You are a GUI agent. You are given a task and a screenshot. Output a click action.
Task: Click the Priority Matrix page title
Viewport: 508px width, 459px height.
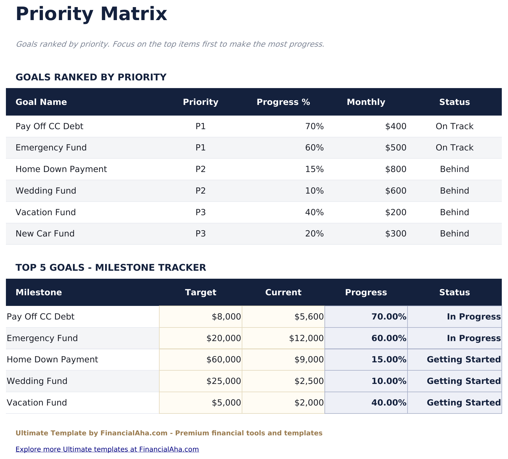pyautogui.click(x=91, y=14)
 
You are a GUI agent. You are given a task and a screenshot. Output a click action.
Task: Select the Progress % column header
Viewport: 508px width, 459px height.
pyautogui.click(x=283, y=102)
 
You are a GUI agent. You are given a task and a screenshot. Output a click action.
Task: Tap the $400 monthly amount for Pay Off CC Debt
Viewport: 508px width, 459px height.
pyautogui.click(x=396, y=126)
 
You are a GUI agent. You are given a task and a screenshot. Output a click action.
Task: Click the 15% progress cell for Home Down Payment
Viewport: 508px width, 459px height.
pyautogui.click(x=314, y=169)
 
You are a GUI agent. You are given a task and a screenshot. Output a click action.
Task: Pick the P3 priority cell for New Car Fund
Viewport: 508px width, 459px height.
pyautogui.click(x=200, y=234)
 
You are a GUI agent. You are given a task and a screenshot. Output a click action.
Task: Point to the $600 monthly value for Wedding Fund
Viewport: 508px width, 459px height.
pyautogui.click(x=396, y=191)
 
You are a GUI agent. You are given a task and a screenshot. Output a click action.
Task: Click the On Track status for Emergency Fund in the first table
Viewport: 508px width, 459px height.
pyautogui.click(x=454, y=148)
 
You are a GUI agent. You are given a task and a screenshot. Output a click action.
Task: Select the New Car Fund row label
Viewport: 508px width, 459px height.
pyautogui.click(x=45, y=234)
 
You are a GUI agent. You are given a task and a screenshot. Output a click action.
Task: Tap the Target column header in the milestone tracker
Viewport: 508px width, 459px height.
pyautogui.click(x=200, y=293)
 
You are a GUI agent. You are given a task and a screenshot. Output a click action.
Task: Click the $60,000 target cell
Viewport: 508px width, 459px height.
pyautogui.click(x=224, y=360)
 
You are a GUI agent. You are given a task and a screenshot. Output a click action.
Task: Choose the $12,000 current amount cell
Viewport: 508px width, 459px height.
pyautogui.click(x=306, y=338)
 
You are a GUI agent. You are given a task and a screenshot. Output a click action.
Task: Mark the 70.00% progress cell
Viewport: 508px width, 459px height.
pyautogui.click(x=389, y=317)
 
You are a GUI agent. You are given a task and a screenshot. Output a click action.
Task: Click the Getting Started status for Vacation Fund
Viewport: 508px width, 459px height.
pyautogui.click(x=464, y=403)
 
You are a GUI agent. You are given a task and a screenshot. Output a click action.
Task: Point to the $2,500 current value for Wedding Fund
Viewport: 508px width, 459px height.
pyautogui.click(x=309, y=381)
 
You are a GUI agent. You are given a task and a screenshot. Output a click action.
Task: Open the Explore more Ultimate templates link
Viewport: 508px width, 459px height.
pyautogui.click(x=107, y=450)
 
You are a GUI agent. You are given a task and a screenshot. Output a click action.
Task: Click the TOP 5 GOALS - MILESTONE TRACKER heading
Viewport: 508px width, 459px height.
pyautogui.click(x=111, y=268)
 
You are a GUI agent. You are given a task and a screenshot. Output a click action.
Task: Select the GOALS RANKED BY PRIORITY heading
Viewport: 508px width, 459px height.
pyautogui.click(x=91, y=77)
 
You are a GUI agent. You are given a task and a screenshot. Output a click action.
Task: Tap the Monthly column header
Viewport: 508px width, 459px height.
pyautogui.click(x=366, y=102)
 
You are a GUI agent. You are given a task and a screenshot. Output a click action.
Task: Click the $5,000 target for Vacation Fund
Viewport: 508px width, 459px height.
pyautogui.click(x=226, y=403)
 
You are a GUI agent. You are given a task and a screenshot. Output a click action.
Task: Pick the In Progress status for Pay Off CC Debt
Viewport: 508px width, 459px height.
pyautogui.click(x=473, y=317)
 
